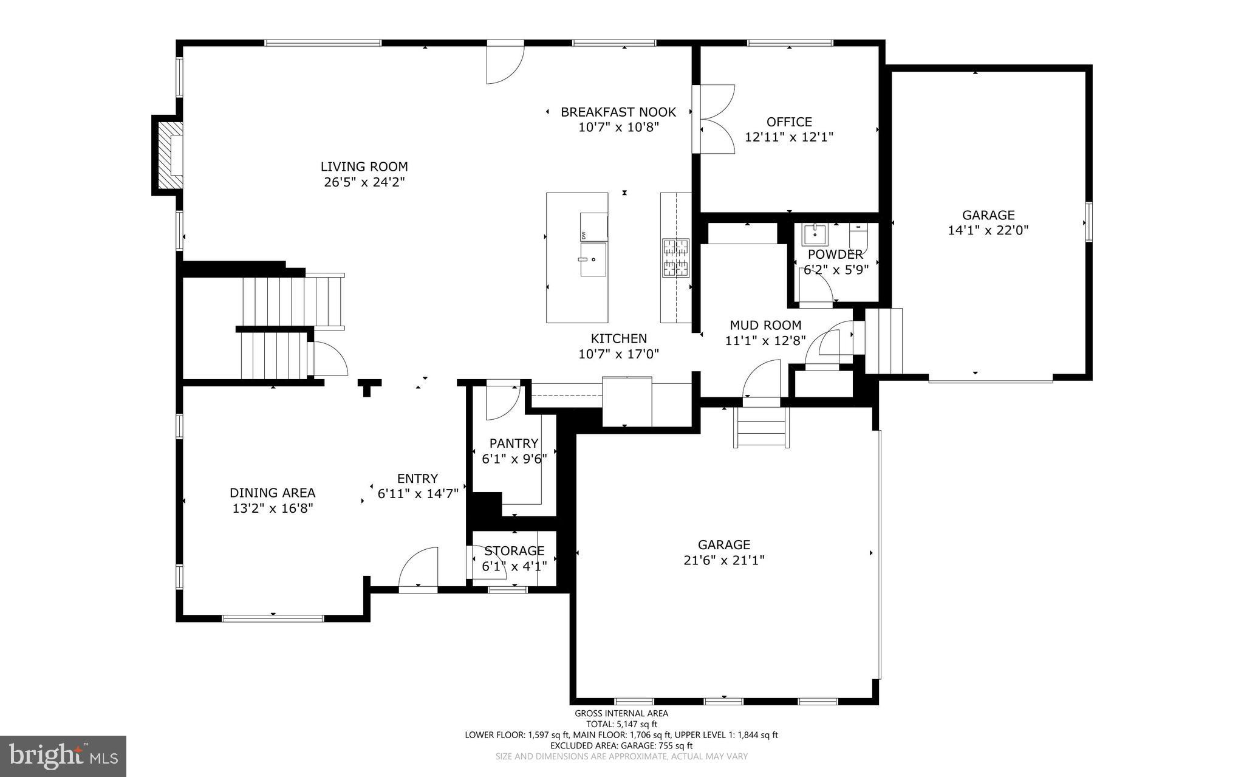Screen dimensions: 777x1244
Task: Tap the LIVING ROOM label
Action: [x=364, y=166]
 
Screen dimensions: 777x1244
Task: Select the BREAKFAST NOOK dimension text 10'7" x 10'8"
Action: [x=618, y=127]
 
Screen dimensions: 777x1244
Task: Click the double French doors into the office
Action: [x=715, y=119]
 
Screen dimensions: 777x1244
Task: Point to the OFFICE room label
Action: [x=789, y=122]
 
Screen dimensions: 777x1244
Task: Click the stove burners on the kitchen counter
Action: [x=675, y=258]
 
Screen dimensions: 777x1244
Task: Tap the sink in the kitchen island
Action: [x=592, y=259]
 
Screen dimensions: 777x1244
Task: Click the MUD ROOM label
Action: [x=765, y=325]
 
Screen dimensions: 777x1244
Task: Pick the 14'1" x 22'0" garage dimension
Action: [x=988, y=230]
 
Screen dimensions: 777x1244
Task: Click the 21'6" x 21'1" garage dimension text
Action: [x=723, y=560]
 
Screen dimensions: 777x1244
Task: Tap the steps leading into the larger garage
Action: [x=762, y=427]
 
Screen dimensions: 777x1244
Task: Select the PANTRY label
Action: [x=514, y=443]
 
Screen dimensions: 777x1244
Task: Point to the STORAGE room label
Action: [x=514, y=551]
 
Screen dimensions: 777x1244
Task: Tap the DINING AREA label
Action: [x=272, y=493]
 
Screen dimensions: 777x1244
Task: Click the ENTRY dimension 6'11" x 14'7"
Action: [x=418, y=494]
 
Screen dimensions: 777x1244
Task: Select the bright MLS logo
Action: [x=63, y=756]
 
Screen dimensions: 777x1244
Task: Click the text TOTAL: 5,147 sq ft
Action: [x=621, y=724]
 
